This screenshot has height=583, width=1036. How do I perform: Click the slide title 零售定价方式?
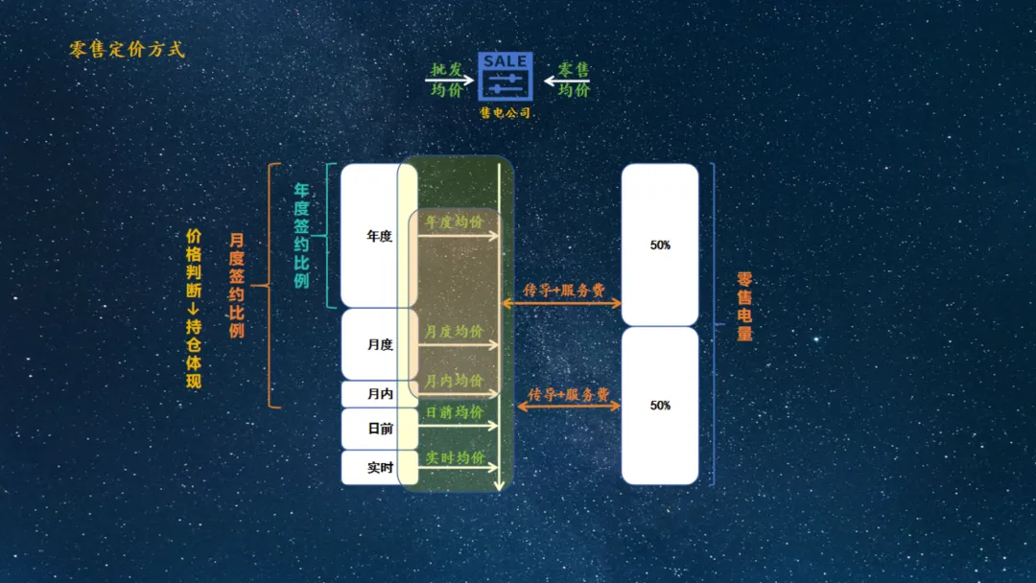[x=127, y=50]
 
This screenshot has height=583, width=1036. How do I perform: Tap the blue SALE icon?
[x=506, y=76]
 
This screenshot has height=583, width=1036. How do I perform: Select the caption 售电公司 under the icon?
[x=506, y=113]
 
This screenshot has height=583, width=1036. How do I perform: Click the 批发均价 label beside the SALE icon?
[x=447, y=80]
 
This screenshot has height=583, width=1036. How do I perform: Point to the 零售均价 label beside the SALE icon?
[x=574, y=80]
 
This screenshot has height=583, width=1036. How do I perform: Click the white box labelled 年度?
[x=379, y=236]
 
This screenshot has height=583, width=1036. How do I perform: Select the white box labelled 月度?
[x=380, y=344]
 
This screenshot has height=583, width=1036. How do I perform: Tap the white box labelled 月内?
[x=380, y=393]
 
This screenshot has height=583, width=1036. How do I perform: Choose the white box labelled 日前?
[x=380, y=429]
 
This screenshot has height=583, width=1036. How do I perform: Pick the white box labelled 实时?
[x=380, y=468]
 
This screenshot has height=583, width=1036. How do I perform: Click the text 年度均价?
[x=455, y=222]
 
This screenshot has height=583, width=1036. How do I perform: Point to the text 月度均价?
[x=454, y=331]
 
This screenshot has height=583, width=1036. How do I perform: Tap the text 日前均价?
[x=455, y=412]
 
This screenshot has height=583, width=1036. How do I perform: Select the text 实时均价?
[x=456, y=457]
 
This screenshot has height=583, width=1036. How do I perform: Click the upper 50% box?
[x=660, y=245]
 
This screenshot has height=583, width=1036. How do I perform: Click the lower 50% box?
[x=660, y=406]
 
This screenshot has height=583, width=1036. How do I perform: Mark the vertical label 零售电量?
[x=744, y=306]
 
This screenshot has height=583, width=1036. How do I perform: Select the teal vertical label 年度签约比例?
[x=301, y=236]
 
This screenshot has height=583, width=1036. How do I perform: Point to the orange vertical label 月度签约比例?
[x=237, y=285]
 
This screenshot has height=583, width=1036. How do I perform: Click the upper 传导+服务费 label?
[x=564, y=290]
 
